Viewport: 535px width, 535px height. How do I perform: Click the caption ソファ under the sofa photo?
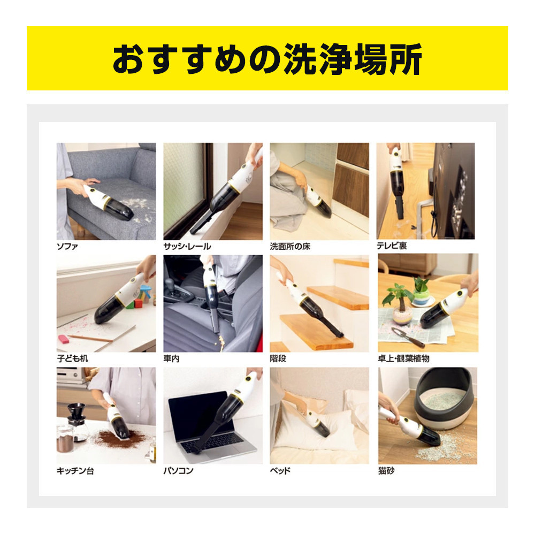point(67,246)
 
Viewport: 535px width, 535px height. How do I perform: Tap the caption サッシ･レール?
point(187,246)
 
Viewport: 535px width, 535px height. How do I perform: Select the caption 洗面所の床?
point(290,246)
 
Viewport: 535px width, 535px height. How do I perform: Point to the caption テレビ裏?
point(392,246)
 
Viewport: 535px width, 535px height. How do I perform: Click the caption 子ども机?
point(72,358)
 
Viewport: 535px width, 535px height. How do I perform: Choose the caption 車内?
point(171,358)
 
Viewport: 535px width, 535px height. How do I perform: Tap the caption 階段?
point(278,358)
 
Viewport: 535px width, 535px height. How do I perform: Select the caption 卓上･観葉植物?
point(403,358)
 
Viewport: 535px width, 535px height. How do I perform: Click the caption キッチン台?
point(75,471)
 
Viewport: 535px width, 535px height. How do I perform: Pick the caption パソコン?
point(178,471)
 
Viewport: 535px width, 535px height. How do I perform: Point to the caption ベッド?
point(280,471)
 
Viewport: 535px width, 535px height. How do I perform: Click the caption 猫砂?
point(386,471)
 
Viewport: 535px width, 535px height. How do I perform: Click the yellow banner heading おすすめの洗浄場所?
point(267,59)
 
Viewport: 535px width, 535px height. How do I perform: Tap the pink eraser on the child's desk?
point(64,339)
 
